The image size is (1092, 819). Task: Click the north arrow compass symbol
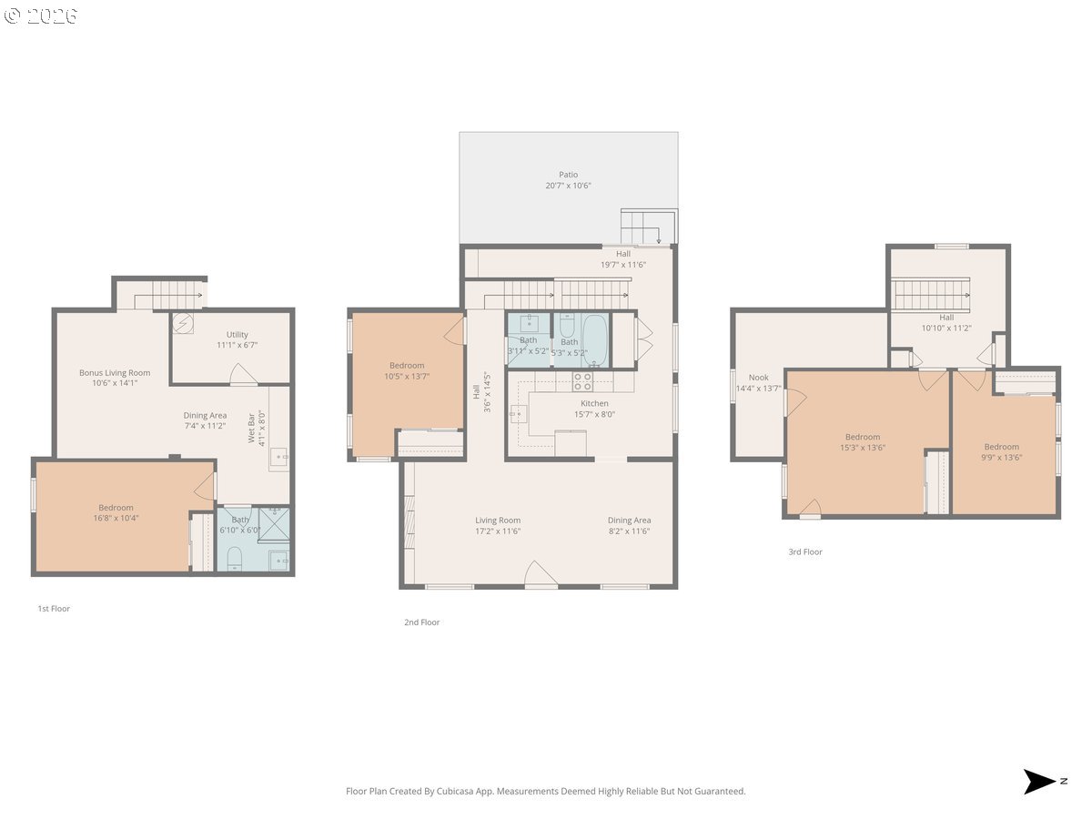(1039, 782)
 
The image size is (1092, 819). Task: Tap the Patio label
(568, 175)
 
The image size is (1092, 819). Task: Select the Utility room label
(237, 335)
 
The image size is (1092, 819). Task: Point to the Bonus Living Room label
(115, 373)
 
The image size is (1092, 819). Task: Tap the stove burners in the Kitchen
(582, 381)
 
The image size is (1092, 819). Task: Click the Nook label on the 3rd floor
(758, 378)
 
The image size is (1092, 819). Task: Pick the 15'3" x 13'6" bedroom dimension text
(862, 448)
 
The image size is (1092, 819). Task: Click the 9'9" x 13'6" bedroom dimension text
(1001, 458)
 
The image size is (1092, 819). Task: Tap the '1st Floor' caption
(54, 609)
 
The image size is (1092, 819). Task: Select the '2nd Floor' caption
(422, 622)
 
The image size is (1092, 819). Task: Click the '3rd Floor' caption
(805, 552)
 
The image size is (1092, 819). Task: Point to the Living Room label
(498, 521)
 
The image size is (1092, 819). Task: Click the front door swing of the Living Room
(541, 575)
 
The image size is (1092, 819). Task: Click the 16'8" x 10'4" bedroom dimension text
(116, 519)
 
